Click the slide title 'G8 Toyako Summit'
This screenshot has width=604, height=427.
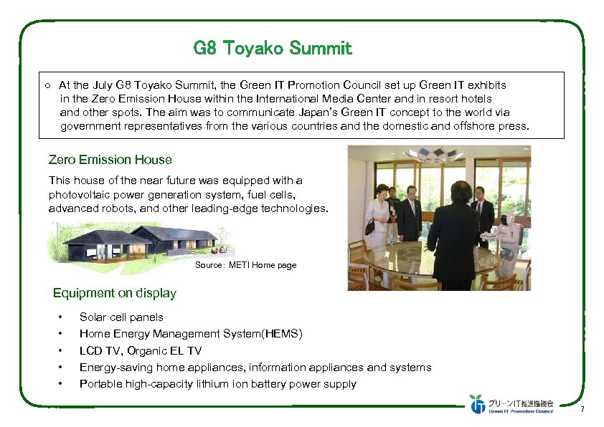(x=273, y=49)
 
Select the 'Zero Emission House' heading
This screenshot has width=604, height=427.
(x=110, y=160)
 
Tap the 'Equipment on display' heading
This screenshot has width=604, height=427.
(x=115, y=293)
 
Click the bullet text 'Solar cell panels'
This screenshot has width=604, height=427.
(x=121, y=317)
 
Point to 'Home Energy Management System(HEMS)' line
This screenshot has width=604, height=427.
(x=191, y=334)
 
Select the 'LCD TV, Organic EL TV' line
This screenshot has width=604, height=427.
(x=141, y=350)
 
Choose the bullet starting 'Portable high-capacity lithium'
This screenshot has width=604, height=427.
(x=217, y=384)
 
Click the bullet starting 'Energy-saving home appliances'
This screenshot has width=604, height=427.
(x=255, y=368)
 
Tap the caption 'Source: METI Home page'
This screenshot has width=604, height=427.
(x=245, y=265)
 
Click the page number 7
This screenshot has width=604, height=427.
(x=582, y=410)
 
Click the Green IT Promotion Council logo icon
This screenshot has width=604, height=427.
(x=477, y=404)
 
